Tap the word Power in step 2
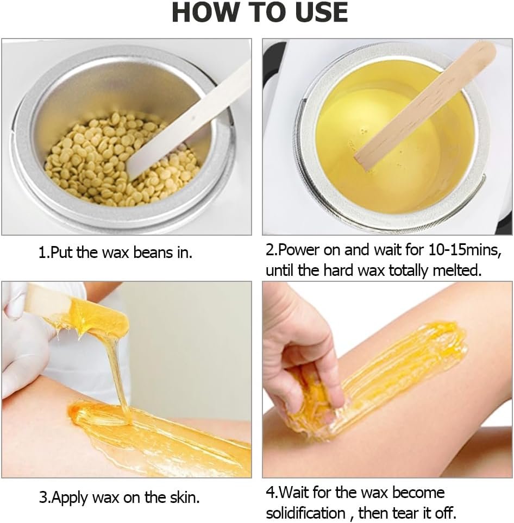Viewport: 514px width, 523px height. (x=299, y=250)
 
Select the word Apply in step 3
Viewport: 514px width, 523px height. (x=70, y=498)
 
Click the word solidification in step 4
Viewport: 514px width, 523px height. (x=305, y=513)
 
